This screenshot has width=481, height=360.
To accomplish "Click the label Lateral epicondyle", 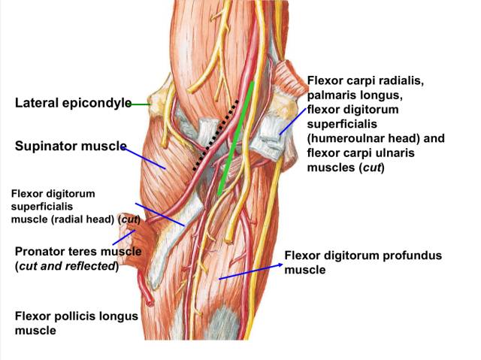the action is (x=73, y=103).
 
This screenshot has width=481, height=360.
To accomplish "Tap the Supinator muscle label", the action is (x=70, y=146).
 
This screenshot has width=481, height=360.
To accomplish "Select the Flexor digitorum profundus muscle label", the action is (x=363, y=262).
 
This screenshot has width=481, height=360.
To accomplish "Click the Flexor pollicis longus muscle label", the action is (x=76, y=322).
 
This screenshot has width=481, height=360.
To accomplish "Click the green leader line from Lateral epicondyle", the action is (x=141, y=104).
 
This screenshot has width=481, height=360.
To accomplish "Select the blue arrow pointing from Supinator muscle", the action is (x=143, y=157).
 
